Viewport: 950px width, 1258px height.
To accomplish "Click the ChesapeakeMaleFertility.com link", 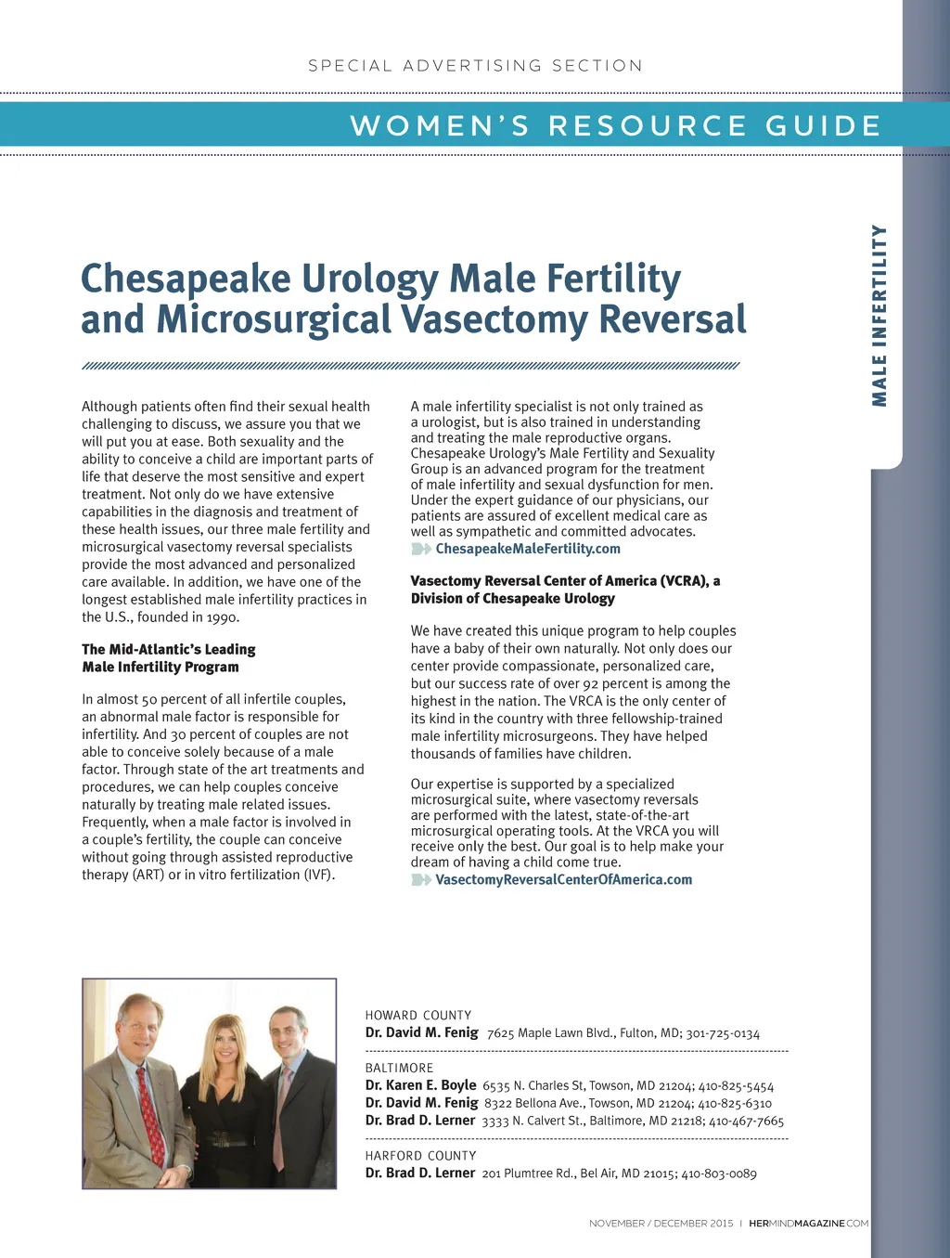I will click(x=528, y=549).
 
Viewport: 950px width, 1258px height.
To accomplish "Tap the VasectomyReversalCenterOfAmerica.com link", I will click(x=564, y=879).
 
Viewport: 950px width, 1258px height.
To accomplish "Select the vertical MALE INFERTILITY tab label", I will click(x=879, y=316).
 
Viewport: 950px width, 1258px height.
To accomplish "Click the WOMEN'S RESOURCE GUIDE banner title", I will click(x=616, y=125).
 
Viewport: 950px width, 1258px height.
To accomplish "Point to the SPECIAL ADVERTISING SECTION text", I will click(x=475, y=66).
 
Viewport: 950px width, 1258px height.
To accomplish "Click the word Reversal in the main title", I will click(x=673, y=319).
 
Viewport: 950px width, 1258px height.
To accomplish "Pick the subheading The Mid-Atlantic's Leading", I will click(x=169, y=649).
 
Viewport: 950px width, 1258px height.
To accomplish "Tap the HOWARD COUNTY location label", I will click(x=418, y=1015).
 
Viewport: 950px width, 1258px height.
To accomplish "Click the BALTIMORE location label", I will click(x=399, y=1068).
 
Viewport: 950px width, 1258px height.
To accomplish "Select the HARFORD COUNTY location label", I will click(x=420, y=1155).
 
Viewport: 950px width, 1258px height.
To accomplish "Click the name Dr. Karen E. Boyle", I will click(x=420, y=1085).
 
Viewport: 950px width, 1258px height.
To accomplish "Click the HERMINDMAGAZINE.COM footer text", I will click(x=808, y=1224).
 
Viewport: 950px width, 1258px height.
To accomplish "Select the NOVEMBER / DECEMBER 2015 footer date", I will click(x=661, y=1224).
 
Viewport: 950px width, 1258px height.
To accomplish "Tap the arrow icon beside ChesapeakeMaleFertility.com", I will click(x=421, y=549).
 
